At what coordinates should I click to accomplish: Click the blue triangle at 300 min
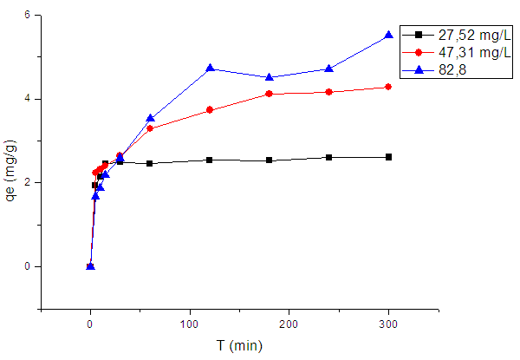pyautogui.click(x=388, y=35)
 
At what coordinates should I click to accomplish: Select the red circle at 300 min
pyautogui.click(x=388, y=87)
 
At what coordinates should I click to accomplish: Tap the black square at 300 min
pyautogui.click(x=388, y=157)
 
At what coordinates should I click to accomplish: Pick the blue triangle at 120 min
pyautogui.click(x=210, y=68)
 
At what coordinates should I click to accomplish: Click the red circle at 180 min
pyautogui.click(x=270, y=94)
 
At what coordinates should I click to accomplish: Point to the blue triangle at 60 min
pyautogui.click(x=150, y=118)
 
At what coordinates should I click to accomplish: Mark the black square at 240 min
pyautogui.click(x=328, y=157)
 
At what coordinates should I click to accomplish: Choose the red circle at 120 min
pyautogui.click(x=210, y=110)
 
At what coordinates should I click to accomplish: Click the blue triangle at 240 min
pyautogui.click(x=328, y=69)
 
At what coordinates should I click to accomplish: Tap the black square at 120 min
pyautogui.click(x=210, y=160)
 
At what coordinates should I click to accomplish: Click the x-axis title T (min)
pyautogui.click(x=238, y=346)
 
